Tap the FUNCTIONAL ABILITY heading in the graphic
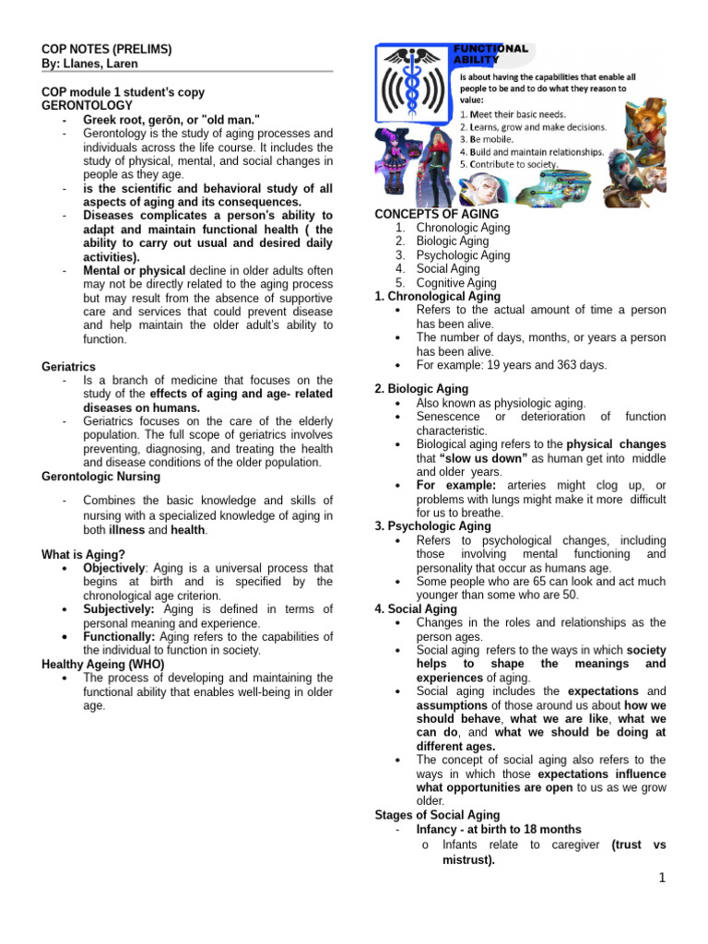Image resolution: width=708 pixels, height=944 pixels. (490, 53)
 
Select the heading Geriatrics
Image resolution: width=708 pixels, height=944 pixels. (68, 366)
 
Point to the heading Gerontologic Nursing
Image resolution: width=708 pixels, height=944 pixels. (101, 477)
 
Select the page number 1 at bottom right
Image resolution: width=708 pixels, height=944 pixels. (662, 879)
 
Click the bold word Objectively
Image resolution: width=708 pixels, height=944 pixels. (114, 569)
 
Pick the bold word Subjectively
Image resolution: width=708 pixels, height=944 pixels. (120, 609)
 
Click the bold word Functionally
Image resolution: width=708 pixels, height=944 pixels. (120, 637)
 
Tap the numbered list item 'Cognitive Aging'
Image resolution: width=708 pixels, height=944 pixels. (455, 283)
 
